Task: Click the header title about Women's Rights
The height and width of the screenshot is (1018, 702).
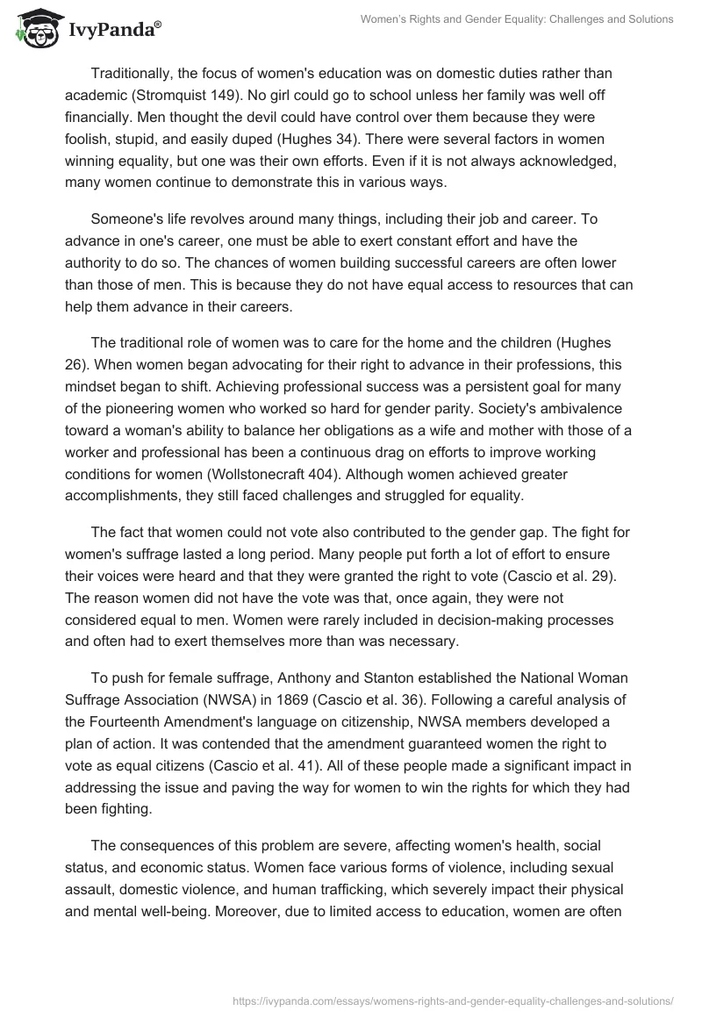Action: [x=517, y=19]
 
